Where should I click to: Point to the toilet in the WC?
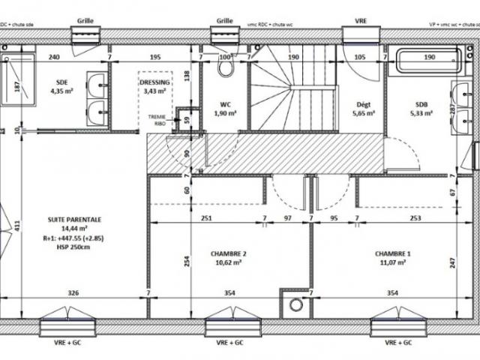tap(225, 67)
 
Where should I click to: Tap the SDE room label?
tap(61, 82)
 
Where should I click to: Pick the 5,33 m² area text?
tap(421, 113)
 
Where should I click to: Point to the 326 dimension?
tap(74, 292)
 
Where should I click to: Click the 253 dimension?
tap(414, 218)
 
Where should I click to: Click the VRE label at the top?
tap(361, 22)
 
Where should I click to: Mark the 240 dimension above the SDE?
tap(54, 58)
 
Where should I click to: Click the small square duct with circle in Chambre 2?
tap(295, 304)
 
